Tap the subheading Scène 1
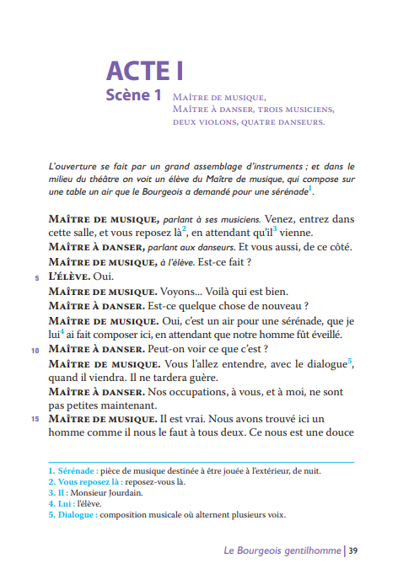coord(133,95)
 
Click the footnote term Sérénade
coord(75,470)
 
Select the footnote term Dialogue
coord(75,514)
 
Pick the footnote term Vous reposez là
coord(88,481)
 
